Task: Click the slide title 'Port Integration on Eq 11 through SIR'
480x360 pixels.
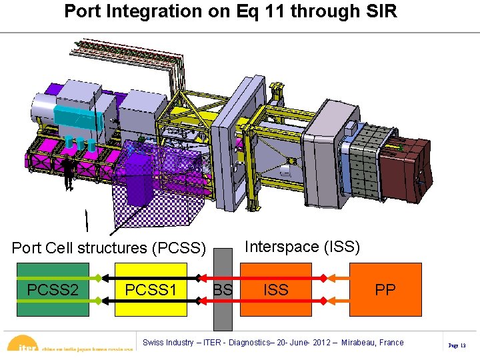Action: [x=231, y=12]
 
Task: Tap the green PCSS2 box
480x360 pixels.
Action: [x=53, y=289]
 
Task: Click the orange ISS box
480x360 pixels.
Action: [x=275, y=289]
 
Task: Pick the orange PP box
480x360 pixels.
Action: [x=385, y=289]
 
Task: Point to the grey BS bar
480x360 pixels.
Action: [x=223, y=307]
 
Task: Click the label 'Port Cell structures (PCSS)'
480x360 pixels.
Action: [x=109, y=248]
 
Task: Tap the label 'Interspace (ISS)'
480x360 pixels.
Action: [x=303, y=247]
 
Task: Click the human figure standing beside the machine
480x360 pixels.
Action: [x=68, y=172]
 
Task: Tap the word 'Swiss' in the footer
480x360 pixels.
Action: [x=154, y=343]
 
